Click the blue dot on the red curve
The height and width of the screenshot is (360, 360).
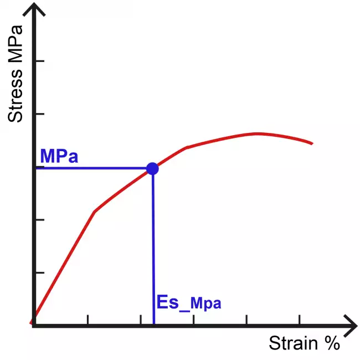(152, 168)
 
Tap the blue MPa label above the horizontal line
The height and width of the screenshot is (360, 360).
(59, 156)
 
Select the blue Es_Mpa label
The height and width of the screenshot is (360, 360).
(189, 302)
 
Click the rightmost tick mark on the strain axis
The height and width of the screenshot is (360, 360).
(300, 320)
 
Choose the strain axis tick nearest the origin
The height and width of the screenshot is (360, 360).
(88, 320)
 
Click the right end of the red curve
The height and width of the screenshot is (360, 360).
(312, 143)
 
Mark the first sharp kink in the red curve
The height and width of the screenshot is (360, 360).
(95, 212)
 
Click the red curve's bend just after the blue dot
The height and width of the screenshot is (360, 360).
(187, 148)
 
